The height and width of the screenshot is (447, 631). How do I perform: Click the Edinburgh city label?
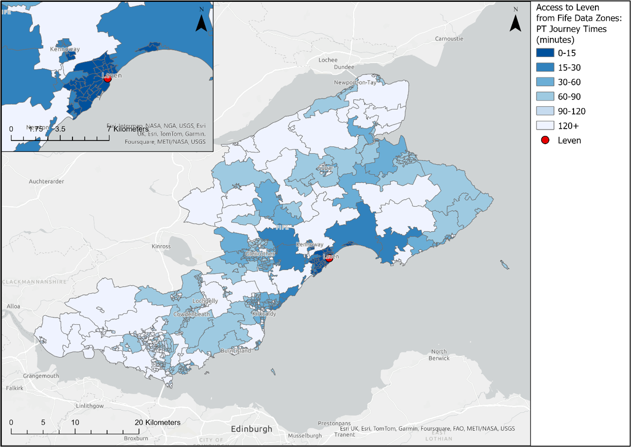251,429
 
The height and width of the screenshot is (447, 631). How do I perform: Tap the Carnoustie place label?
449,39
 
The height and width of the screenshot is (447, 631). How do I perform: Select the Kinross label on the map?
161,247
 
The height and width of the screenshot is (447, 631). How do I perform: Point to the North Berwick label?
439,355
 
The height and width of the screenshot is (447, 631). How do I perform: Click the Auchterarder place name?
46,181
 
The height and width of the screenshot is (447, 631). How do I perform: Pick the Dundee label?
344,67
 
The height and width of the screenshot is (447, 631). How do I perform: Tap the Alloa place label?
14,306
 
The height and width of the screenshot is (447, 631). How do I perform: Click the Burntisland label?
236,351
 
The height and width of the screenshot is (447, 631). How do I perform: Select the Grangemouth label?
41,376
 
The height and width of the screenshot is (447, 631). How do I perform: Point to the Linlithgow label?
90,406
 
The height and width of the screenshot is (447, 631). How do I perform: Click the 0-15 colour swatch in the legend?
545,53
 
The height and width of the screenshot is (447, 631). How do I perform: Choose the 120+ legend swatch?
545,126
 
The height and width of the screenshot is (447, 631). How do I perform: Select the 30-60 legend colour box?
545,82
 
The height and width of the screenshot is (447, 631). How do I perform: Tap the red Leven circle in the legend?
545,140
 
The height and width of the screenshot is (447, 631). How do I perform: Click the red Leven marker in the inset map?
108,79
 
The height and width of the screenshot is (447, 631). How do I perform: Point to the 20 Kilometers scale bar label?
158,422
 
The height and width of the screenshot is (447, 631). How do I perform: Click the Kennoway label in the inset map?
65,49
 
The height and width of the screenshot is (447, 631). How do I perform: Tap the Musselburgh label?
305,436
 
